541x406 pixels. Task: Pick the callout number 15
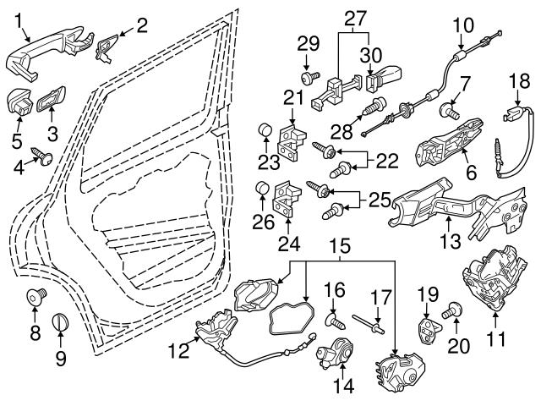coord(340,247)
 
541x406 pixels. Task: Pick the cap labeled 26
coord(264,188)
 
